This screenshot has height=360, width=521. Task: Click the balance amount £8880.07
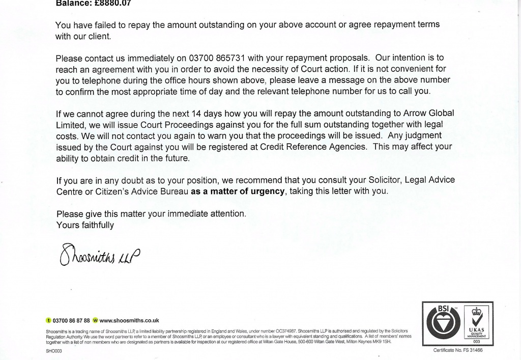tap(109, 3)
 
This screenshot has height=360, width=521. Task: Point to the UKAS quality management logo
tap(476, 324)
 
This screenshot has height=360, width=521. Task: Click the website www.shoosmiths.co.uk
tap(129, 321)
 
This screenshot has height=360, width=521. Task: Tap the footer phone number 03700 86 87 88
tap(71, 321)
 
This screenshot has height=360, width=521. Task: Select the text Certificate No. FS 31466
tap(458, 351)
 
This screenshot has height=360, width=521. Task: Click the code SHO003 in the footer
tap(53, 351)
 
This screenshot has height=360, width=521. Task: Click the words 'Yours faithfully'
tap(85, 225)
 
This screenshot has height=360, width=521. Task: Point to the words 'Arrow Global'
tap(429, 113)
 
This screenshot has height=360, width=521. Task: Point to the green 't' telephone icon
tap(48, 321)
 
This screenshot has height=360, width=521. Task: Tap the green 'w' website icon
tap(95, 321)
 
